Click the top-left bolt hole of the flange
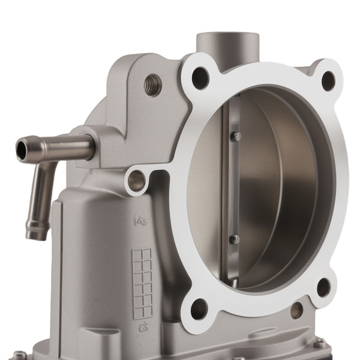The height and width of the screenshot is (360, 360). (x=200, y=78)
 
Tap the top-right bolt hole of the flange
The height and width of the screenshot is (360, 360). (x=328, y=80)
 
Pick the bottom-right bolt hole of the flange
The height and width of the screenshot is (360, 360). (x=323, y=287)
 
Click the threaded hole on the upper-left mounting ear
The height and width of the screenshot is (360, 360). (x=153, y=85)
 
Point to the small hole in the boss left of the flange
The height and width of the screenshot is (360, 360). (x=137, y=181)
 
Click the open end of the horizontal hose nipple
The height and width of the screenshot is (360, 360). (x=23, y=149)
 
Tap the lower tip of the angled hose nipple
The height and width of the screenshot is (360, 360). (x=37, y=230)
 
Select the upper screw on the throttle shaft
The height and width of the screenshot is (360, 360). (x=235, y=137)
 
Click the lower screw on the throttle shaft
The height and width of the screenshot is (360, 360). (x=234, y=239)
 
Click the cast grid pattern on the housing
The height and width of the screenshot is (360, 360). (x=142, y=282)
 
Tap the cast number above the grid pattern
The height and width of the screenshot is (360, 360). (x=142, y=221)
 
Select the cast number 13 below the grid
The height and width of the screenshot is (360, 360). (x=143, y=328)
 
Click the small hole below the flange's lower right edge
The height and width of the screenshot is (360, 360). (x=296, y=310)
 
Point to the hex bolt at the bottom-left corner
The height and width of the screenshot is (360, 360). (x=19, y=355)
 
